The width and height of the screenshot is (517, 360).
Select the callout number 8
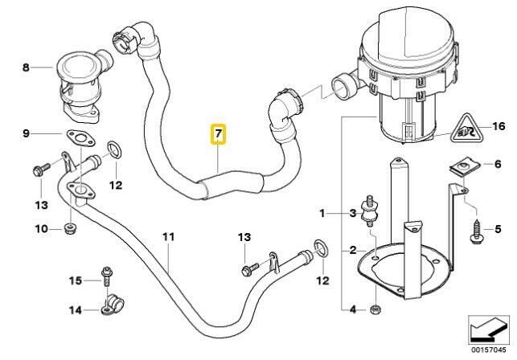[26, 68]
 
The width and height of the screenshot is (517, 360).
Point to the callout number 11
[168, 237]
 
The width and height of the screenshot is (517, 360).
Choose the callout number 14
[75, 309]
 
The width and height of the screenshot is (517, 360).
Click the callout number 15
[75, 280]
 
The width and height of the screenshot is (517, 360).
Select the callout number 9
[26, 133]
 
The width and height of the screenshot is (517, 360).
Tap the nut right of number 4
[375, 309]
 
